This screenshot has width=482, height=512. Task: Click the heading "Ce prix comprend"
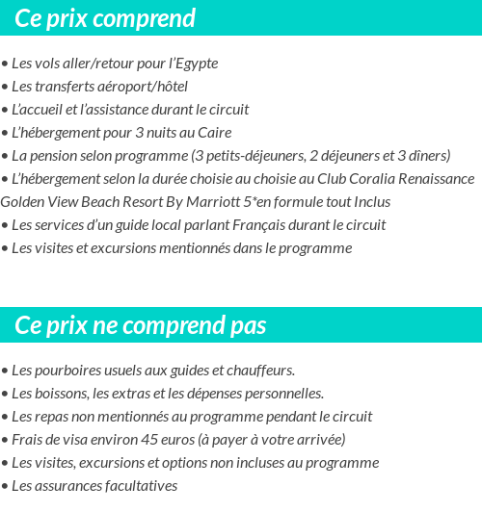(105, 18)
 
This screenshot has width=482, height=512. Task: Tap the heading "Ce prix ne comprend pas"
(141, 326)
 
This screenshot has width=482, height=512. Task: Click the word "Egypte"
(195, 64)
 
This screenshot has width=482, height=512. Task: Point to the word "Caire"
(212, 133)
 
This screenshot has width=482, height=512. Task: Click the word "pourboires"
(68, 371)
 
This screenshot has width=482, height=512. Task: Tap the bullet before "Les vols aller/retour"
(5, 64)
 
